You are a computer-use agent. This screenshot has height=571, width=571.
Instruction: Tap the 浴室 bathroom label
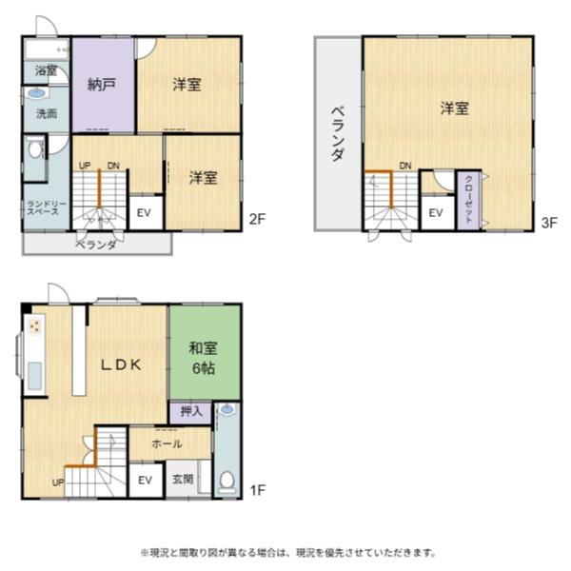(x=46, y=70)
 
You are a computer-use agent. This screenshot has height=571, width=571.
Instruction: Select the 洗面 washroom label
(x=46, y=113)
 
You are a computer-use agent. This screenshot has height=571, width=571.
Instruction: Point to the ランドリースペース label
(x=44, y=207)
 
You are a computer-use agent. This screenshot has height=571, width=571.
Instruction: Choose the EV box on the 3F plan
(x=436, y=212)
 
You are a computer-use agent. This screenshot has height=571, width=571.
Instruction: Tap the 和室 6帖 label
(x=202, y=357)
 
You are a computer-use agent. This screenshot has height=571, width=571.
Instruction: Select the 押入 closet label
(x=190, y=411)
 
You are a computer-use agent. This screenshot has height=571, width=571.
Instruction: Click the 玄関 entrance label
(x=184, y=480)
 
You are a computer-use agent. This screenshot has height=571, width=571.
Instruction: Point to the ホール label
(x=167, y=443)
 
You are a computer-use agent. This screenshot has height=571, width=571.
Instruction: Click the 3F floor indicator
(x=549, y=224)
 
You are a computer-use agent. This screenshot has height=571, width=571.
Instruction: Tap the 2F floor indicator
(x=257, y=220)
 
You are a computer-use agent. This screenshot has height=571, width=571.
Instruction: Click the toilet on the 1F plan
(x=226, y=481)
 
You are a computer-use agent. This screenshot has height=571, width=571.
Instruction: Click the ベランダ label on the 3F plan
(x=338, y=133)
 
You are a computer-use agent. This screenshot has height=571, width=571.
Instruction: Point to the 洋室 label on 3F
(x=453, y=108)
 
